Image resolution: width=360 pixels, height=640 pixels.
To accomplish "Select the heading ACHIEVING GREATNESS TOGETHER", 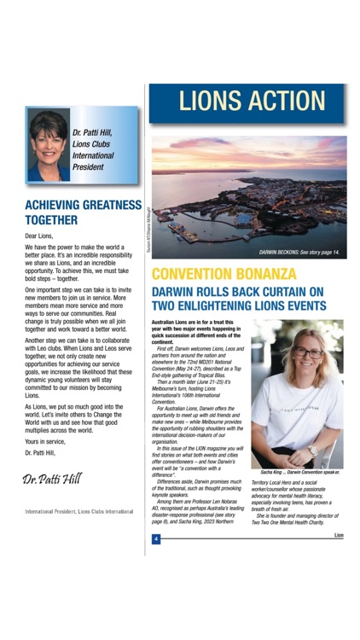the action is (83, 212).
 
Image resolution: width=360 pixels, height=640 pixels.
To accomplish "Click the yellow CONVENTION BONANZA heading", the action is (224, 276).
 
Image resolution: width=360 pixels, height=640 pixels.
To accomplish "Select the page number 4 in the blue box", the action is (156, 538).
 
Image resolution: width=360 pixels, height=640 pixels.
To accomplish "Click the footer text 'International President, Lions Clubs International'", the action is (78, 511).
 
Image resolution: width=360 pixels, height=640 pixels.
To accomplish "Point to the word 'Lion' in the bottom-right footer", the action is (339, 535).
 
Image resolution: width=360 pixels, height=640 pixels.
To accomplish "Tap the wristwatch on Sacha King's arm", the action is (311, 450).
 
